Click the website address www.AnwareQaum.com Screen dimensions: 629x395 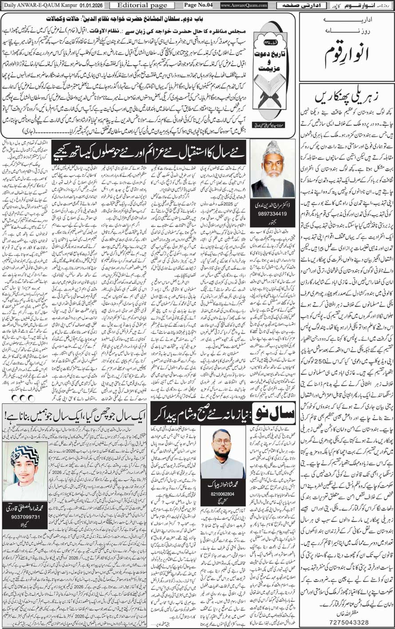click(x=244, y=5)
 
